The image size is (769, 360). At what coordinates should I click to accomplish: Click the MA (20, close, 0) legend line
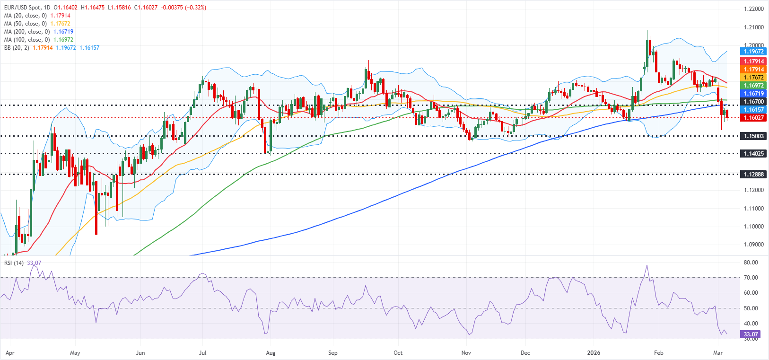click(37, 16)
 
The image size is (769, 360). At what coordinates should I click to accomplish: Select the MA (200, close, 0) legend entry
click(38, 32)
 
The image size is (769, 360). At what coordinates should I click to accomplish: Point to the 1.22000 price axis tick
click(754, 9)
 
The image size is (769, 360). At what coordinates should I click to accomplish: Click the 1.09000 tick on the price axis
click(754, 245)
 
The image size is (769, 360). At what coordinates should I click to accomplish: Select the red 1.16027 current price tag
click(754, 117)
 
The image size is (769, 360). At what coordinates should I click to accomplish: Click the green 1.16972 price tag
click(754, 86)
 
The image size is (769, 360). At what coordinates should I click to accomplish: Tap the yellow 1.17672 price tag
click(754, 78)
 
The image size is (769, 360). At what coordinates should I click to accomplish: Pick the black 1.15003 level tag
click(754, 136)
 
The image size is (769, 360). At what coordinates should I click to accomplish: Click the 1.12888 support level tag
click(754, 175)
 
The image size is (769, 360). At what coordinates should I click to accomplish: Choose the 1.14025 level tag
click(754, 154)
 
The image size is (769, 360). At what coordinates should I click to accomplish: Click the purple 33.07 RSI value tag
click(751, 334)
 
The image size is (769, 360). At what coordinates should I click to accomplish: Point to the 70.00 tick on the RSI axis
click(751, 278)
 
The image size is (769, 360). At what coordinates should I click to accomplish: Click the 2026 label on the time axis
click(594, 353)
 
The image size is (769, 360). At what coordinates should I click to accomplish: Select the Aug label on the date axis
click(271, 353)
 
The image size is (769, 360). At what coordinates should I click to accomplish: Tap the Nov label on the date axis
click(466, 353)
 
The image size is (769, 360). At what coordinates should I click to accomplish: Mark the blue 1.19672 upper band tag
click(754, 52)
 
